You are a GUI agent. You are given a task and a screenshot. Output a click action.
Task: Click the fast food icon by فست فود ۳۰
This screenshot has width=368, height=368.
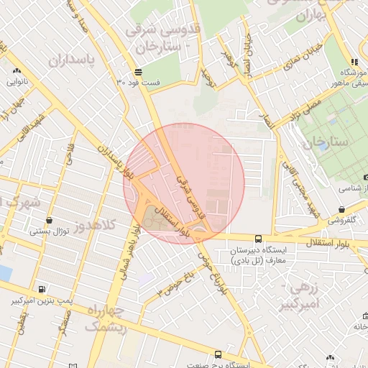(x=137, y=72)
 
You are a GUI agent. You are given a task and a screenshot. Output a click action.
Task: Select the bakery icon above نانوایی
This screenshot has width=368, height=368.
(x=17, y=71)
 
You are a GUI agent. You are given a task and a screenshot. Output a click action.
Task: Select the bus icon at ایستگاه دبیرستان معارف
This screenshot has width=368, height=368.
(x=258, y=239)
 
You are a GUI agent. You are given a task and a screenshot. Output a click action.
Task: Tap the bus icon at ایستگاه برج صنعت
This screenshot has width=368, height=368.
(x=218, y=354)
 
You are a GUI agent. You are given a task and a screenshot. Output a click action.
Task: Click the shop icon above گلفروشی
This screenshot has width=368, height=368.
(x=341, y=210)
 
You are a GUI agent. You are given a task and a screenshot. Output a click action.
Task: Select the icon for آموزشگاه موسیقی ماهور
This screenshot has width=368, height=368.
(x=353, y=63)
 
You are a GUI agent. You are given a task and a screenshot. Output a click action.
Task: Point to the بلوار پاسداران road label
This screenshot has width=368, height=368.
(x=116, y=162)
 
